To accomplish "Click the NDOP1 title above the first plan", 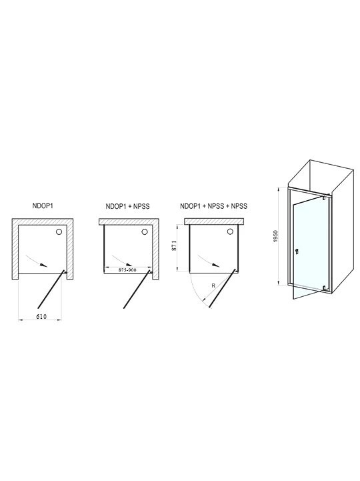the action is point(43,205).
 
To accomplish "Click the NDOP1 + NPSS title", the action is point(127,206).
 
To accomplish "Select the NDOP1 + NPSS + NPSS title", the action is point(213,206).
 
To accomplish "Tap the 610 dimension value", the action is point(41,317).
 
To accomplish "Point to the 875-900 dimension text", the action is point(127,270).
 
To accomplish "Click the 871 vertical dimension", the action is point(174,246).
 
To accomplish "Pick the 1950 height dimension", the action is point(275,237).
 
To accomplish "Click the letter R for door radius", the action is point(214,286).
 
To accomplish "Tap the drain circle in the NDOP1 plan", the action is point(59,232).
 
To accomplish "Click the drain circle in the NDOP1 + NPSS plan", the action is point(145,231).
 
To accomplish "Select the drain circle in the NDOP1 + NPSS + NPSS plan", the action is point(230,231).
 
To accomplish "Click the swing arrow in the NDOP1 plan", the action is point(36,260).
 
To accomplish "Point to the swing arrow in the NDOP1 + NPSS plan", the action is point(122,260).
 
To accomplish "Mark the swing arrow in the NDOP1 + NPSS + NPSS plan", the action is point(208,260).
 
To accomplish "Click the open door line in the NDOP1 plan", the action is point(51,290).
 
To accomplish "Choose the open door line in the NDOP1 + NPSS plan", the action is point(137,290).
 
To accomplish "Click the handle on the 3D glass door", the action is point(297,252).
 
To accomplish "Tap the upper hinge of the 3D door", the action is point(324,198).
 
